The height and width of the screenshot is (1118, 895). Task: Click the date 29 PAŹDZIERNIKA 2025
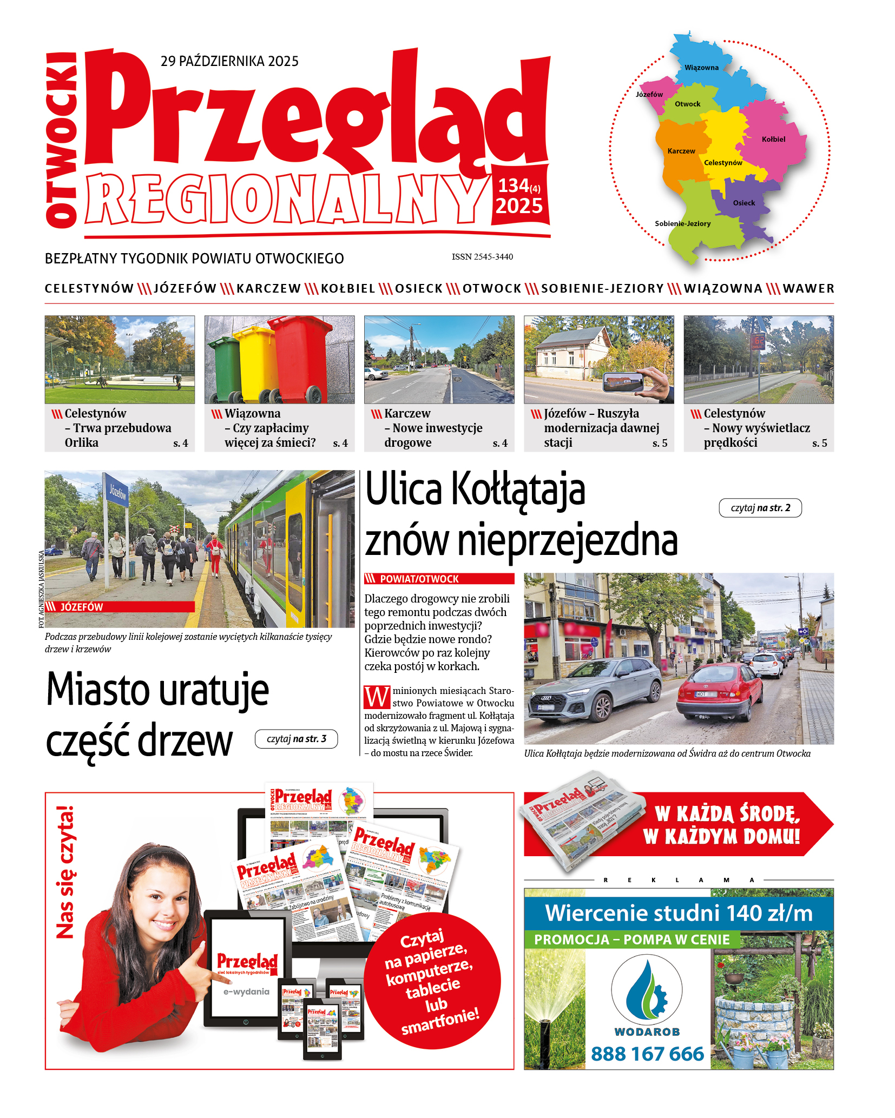coord(229,61)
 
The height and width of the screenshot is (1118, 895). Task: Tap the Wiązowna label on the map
coord(701,68)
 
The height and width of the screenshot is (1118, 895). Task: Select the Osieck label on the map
coord(743,203)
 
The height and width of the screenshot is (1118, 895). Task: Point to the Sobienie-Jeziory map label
coord(682,223)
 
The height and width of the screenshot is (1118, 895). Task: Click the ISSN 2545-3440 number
coord(482,257)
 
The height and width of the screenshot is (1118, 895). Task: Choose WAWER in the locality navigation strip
coord(808,289)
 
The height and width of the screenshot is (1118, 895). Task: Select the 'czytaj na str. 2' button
coord(760,508)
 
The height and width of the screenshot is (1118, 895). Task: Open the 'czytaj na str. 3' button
coord(296,739)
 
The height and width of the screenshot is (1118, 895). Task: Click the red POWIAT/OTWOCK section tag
coord(439,579)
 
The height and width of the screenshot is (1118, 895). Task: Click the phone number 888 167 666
coord(647,1054)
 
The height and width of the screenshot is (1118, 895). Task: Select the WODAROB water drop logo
coord(647,989)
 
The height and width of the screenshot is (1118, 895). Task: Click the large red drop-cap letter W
coord(377,697)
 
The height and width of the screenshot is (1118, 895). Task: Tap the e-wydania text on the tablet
coord(246,991)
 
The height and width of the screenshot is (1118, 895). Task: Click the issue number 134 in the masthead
coord(513,186)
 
